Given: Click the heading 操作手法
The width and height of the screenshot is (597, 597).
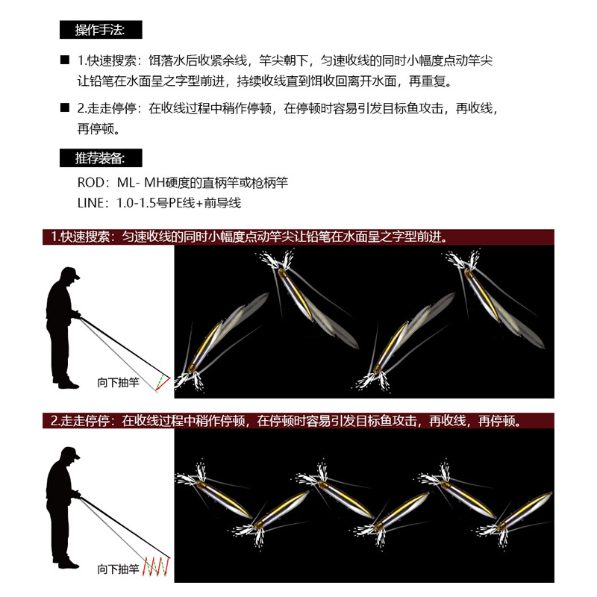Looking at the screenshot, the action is point(101,30).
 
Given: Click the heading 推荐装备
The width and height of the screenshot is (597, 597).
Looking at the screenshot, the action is point(101,158).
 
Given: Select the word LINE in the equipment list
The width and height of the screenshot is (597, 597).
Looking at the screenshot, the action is point(90,203).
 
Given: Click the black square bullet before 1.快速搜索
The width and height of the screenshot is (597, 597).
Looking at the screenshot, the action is point(65,60).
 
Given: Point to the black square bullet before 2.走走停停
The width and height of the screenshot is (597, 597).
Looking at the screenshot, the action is point(65,107).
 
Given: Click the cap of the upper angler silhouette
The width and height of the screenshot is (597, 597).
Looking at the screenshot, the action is point(70,273).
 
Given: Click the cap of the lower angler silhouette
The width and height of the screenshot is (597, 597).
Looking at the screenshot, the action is point(70,453).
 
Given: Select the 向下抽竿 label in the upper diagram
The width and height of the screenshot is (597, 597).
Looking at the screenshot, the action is point(119,382).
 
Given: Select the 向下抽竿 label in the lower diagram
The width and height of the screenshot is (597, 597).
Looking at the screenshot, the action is point(119,569).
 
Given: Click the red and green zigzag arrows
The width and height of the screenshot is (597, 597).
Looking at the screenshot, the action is point(156,566).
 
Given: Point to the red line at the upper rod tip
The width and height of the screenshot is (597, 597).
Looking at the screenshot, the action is point(163,384).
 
